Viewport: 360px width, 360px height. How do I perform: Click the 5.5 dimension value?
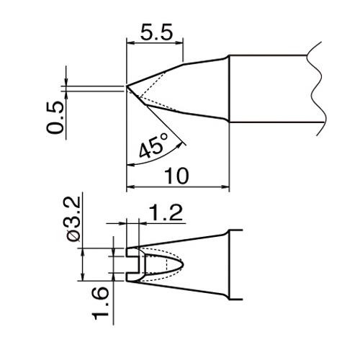coord(156,32)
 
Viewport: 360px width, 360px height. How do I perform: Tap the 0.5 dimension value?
coord(55,117)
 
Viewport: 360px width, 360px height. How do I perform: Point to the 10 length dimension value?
coord(176,176)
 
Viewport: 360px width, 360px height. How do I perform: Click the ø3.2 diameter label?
coord(73,220)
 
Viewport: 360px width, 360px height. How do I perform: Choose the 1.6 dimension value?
coord(101,304)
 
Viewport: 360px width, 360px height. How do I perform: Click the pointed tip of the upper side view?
coord(127,86)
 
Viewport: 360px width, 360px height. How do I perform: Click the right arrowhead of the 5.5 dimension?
coord(179,43)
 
